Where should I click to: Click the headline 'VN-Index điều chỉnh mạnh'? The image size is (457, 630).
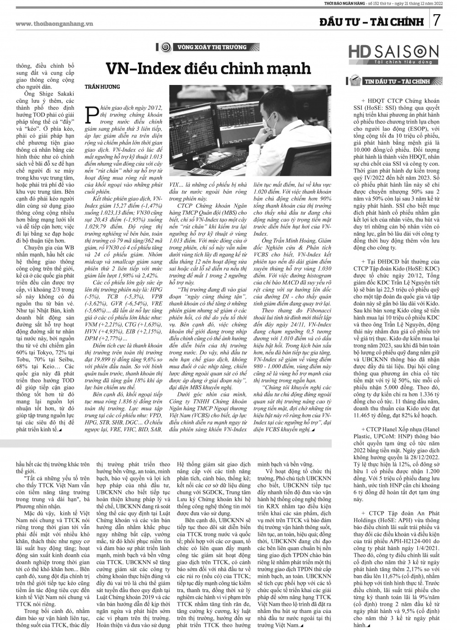click(208, 69)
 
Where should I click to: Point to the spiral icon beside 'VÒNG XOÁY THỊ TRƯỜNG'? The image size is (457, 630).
click(167, 48)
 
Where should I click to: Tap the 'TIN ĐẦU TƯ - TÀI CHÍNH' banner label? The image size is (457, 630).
click(397, 82)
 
